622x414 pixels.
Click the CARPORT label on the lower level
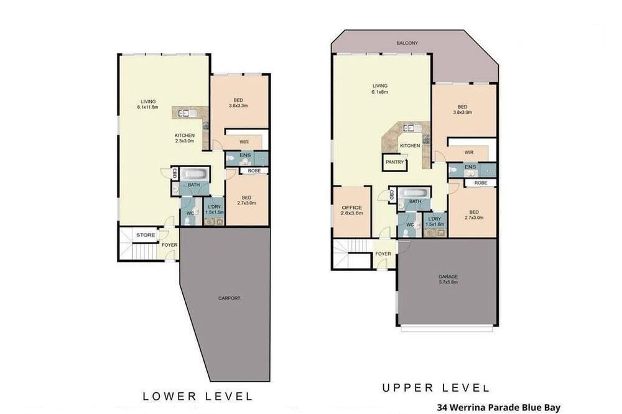tap(229, 298)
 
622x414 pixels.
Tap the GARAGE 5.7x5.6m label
tap(448, 279)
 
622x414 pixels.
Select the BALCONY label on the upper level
tap(407, 43)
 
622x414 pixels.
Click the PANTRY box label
tap(395, 162)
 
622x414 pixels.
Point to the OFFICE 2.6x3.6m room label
tap(352, 210)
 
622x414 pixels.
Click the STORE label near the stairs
tap(146, 235)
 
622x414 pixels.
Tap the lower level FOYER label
tap(169, 245)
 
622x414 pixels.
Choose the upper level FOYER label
tap(383, 254)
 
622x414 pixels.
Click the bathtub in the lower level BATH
tap(194, 174)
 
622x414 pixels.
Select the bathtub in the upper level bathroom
tap(414, 193)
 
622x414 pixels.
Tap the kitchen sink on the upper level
tap(409, 127)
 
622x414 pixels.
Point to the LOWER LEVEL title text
tap(198, 396)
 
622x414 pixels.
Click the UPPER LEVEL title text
tap(435, 387)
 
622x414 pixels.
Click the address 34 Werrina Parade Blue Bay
tap(499, 407)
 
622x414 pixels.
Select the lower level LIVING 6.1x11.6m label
tap(148, 104)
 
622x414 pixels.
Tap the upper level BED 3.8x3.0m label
tap(463, 109)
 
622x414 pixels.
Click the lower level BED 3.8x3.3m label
tap(238, 103)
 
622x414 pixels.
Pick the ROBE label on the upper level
tap(481, 183)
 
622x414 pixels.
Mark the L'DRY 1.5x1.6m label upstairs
tap(435, 222)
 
